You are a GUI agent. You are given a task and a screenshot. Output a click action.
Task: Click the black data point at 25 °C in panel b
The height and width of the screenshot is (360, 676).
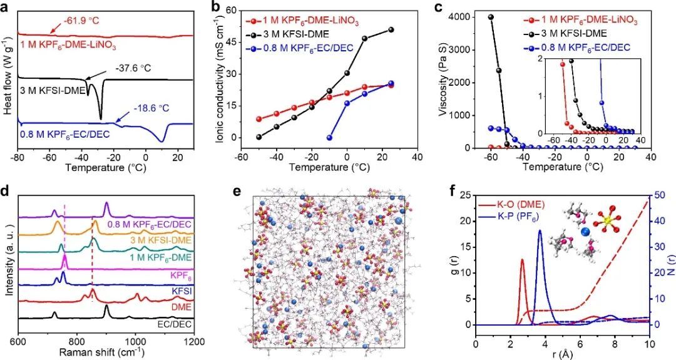(391, 29)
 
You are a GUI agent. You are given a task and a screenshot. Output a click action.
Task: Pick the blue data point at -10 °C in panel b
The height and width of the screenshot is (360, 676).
(330, 138)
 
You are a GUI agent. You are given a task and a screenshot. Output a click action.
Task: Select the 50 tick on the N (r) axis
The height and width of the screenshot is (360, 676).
(660, 195)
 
